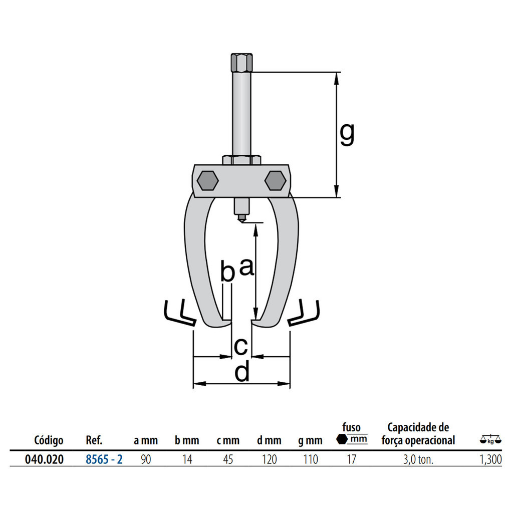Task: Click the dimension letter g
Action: coord(347,134)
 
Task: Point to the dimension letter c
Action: coord(241,347)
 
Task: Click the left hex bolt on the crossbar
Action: coord(207,180)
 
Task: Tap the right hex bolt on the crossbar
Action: coord(275,180)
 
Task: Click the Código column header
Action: coord(49,440)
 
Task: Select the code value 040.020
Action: coord(44,459)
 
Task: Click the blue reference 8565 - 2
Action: coord(104,459)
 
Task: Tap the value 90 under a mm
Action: coord(146,459)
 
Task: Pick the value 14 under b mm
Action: coord(187,459)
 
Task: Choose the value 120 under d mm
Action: coord(269,459)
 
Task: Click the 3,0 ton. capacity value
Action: coord(418,460)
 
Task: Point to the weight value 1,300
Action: coord(490,459)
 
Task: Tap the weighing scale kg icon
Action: coord(490,439)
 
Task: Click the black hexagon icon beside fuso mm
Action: coord(342,439)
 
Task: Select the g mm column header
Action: coord(310,441)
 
